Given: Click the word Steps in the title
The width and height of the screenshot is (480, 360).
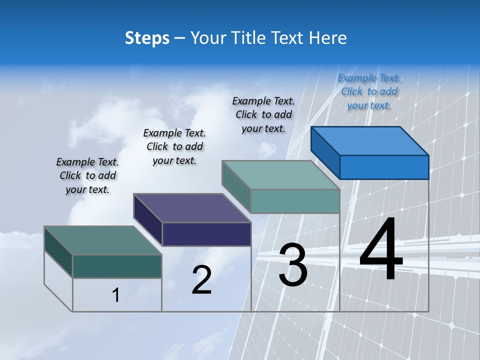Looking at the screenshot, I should click(x=147, y=38).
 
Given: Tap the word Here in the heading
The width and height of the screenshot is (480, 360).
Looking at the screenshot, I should click(x=328, y=38).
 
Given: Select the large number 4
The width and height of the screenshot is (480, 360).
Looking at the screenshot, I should click(x=381, y=250).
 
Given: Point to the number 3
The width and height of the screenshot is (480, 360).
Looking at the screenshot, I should click(x=293, y=265).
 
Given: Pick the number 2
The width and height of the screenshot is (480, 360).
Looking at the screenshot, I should click(x=201, y=280).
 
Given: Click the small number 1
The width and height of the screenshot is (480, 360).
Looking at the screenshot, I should click(x=116, y=295).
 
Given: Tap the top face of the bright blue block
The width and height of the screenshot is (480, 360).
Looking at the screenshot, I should click(x=370, y=140).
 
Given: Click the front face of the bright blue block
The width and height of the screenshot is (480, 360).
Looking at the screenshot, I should click(x=384, y=167).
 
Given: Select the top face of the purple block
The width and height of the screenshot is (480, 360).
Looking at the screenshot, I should click(x=192, y=207).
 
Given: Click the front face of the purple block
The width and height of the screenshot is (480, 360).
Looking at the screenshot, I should click(x=206, y=234).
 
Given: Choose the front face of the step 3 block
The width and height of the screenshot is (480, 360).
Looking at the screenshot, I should click(x=295, y=201).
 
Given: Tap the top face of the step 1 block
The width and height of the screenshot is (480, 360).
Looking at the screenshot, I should click(x=102, y=240).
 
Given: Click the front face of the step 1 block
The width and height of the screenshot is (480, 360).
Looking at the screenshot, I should click(x=117, y=266).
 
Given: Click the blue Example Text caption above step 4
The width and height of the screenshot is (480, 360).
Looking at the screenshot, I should click(x=369, y=91).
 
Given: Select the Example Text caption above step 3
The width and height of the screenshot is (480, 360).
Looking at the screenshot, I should click(x=263, y=114).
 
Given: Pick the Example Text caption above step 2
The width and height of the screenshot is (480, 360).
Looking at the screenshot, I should click(x=174, y=146).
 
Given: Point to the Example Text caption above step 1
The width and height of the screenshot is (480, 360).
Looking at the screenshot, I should click(x=87, y=175).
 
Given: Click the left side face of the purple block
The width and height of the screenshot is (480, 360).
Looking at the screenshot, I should click(x=148, y=220).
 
